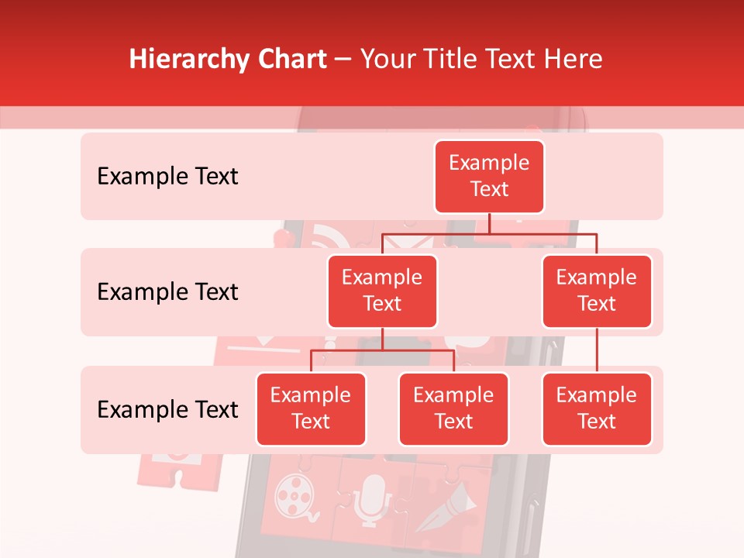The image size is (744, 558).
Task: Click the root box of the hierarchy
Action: coord(489,176)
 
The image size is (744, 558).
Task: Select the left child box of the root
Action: coord(382,291)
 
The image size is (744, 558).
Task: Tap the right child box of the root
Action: coord(597,291)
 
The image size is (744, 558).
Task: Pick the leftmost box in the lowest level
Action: coord(311,408)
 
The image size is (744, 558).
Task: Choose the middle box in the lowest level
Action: coord(453,408)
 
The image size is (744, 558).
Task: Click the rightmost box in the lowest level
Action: coord(597,408)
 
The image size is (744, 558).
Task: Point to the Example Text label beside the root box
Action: coord(167,177)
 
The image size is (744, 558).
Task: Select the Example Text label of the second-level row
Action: coord(167,292)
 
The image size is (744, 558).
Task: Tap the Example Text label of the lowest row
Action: coord(167,409)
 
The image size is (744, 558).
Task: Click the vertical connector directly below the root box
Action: coord(489,223)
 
